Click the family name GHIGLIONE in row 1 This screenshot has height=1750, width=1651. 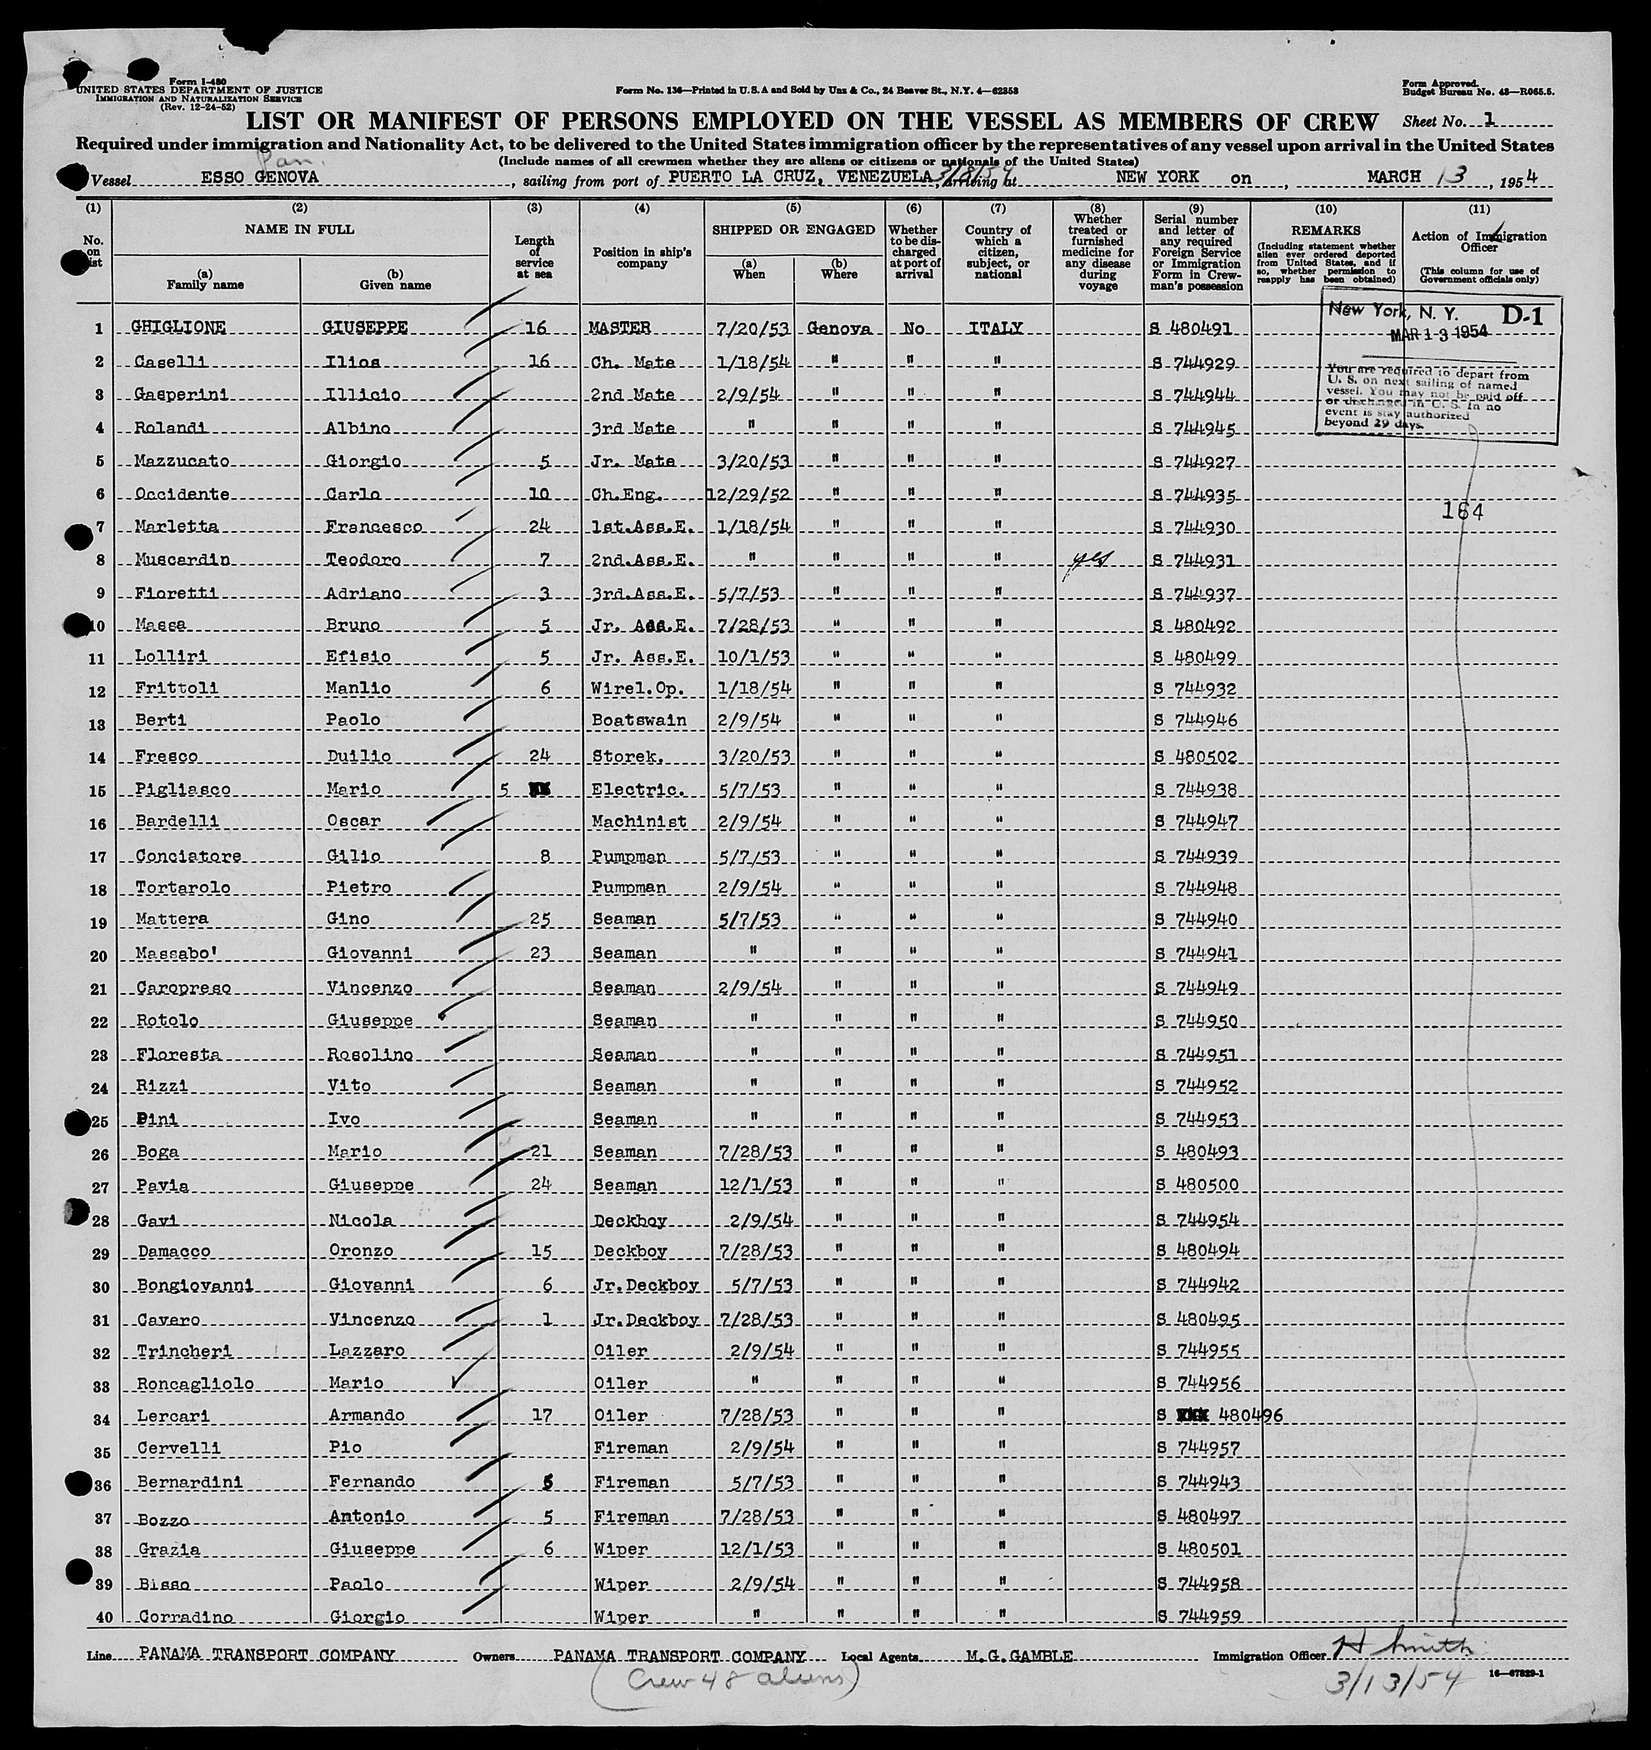pyautogui.click(x=179, y=327)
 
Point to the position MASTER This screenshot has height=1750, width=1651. pyautogui.click(x=620, y=327)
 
